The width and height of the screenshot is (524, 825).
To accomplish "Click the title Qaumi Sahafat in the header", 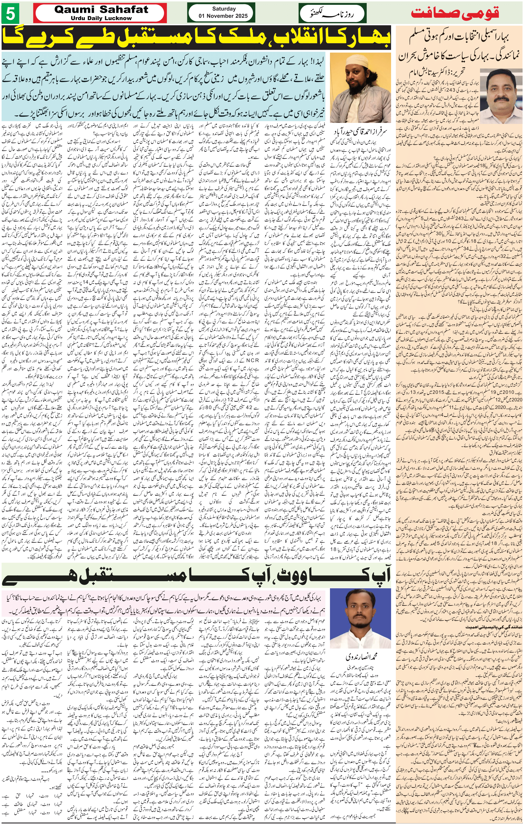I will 101,10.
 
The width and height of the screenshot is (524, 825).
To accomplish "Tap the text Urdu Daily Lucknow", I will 101,18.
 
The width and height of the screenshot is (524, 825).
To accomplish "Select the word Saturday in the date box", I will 224,9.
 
